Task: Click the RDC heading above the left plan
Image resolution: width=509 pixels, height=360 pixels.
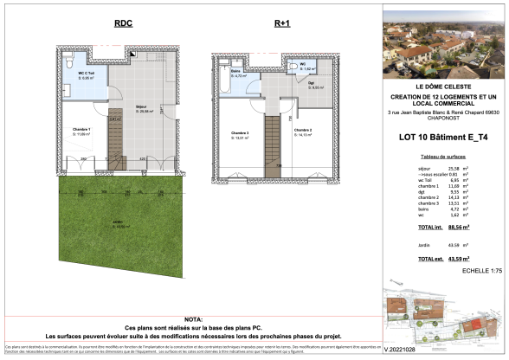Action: pos(123,24)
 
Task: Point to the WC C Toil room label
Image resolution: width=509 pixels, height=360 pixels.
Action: pos(76,74)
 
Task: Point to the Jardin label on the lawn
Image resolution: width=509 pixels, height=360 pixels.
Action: pos(117,226)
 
